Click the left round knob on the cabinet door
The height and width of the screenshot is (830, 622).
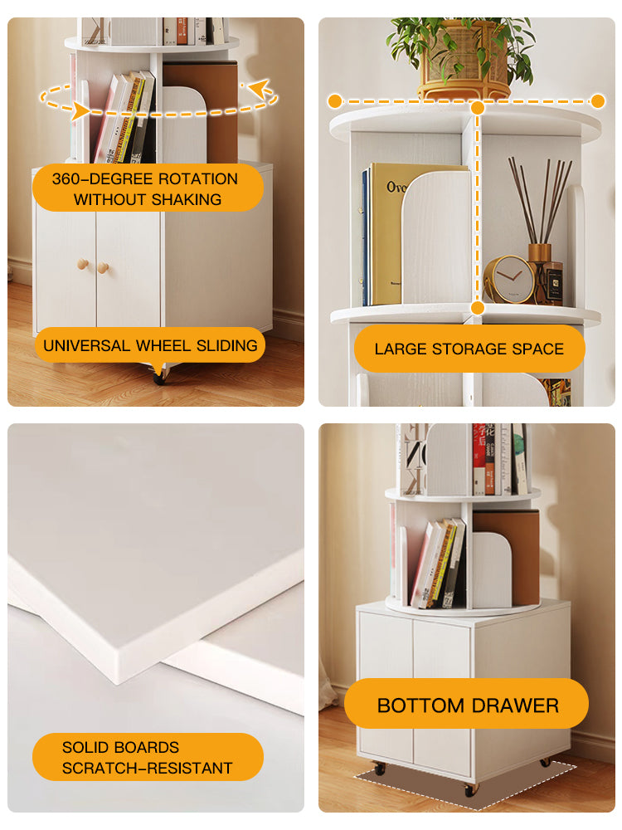[x=83, y=264]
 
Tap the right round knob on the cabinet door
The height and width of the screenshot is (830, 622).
[x=103, y=267]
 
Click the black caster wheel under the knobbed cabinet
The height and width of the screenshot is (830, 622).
[x=159, y=375]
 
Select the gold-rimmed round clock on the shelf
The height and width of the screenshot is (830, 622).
[x=509, y=279]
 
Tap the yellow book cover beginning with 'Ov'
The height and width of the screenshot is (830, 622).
[x=388, y=233]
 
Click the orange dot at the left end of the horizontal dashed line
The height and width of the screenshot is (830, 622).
[x=334, y=101]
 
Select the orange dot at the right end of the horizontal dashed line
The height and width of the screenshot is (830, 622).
[x=598, y=101]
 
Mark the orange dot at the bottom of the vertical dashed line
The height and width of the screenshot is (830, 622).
[x=478, y=308]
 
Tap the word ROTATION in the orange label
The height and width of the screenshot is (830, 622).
[x=198, y=179]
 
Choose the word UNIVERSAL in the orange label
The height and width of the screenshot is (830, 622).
[x=86, y=345]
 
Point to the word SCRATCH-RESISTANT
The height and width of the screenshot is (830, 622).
[x=147, y=768]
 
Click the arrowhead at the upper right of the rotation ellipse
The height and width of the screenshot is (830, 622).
[x=259, y=88]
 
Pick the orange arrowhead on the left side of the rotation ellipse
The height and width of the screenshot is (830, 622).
[x=80, y=111]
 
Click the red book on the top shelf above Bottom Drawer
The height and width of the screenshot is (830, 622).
[x=479, y=460]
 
